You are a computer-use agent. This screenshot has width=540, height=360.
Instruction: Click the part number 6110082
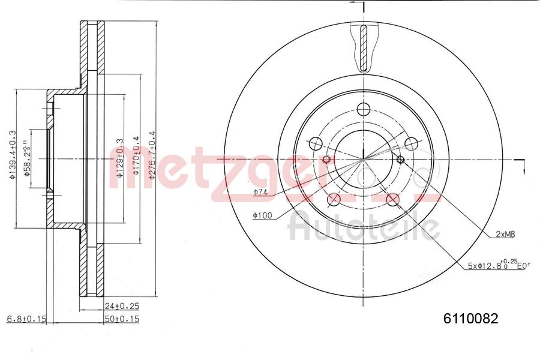pyautogui.click(x=470, y=319)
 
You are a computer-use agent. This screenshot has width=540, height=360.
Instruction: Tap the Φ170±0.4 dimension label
pyautogui.click(x=136, y=155)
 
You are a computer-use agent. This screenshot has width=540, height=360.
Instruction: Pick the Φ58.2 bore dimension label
pyautogui.click(x=27, y=158)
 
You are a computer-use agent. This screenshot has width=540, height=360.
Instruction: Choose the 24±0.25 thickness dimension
pyautogui.click(x=122, y=306)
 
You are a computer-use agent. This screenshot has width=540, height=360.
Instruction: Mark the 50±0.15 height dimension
pyautogui.click(x=122, y=319)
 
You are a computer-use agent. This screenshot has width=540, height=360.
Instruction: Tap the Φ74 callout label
pyautogui.click(x=260, y=193)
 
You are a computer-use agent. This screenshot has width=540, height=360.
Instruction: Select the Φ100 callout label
pyautogui.click(x=262, y=215)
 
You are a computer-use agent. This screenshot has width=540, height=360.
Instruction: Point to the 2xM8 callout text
pyautogui.click(x=505, y=235)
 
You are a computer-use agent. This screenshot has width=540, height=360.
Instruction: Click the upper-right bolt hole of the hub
pyautogui.click(x=411, y=143)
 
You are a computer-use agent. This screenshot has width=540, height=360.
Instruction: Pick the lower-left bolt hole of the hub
pyautogui.click(x=334, y=199)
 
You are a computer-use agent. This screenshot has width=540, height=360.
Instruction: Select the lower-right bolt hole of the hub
pyautogui.click(x=393, y=199)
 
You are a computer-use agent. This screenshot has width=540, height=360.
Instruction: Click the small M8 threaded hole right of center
pyautogui.click(x=401, y=159)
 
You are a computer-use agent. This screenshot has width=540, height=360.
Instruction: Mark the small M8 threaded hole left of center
pyautogui.click(x=326, y=160)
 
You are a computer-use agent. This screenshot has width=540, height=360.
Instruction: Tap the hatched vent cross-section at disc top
pyautogui.click(x=364, y=48)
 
